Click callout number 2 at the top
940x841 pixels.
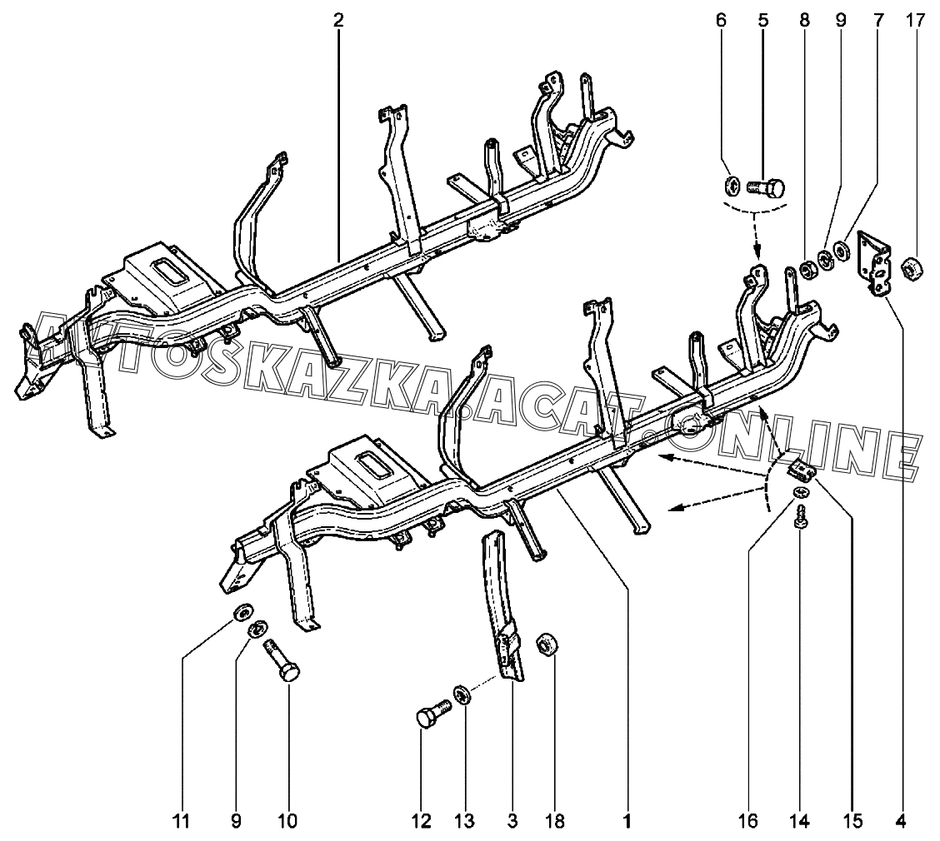coord(337,20)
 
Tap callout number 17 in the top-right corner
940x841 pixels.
coord(915,20)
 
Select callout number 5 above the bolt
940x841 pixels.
coord(763,20)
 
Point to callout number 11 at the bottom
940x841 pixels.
coord(182,821)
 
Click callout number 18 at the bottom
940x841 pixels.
coord(556,821)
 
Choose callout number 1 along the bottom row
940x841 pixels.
coord(626,821)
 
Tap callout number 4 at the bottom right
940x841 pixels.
coord(901,821)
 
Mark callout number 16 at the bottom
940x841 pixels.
coord(747,821)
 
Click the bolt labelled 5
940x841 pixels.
coord(765,187)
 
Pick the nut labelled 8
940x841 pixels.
coord(807,269)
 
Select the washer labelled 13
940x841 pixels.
coord(461,694)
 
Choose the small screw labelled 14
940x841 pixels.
coord(801,518)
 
